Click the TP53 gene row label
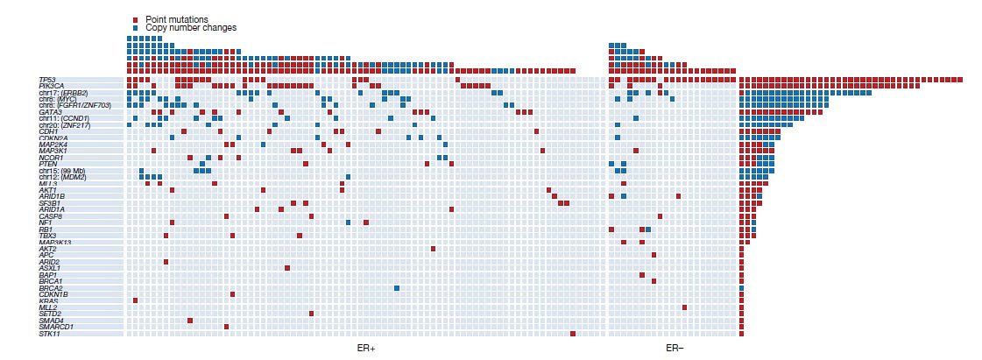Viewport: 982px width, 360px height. click(x=46, y=80)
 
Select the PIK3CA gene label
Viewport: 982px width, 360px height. click(x=52, y=86)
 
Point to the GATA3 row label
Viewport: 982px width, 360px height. click(x=51, y=112)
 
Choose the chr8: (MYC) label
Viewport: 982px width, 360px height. click(x=59, y=99)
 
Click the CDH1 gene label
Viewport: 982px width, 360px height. click(x=48, y=131)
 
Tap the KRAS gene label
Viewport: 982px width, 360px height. click(x=49, y=301)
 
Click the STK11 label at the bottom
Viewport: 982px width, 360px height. click(x=50, y=334)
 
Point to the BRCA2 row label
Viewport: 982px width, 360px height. click(x=51, y=288)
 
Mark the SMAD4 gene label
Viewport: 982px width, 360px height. click(x=51, y=321)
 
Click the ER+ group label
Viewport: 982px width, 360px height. click(x=366, y=349)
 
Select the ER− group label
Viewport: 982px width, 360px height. click(x=675, y=349)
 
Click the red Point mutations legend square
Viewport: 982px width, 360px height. click(x=135, y=19)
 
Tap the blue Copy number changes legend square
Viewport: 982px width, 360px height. click(x=135, y=28)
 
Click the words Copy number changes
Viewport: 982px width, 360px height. click(x=191, y=28)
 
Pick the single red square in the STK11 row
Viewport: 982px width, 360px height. click(x=573, y=334)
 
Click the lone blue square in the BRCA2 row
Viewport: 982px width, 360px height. click(x=397, y=288)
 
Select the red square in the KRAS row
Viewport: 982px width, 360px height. click(x=135, y=301)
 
